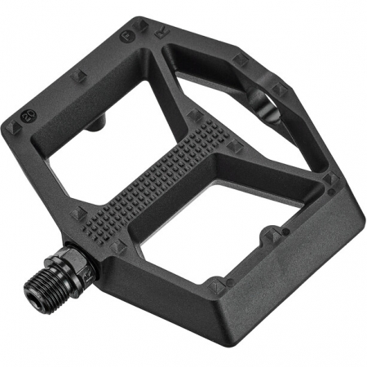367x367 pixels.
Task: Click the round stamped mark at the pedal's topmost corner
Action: click(127, 36)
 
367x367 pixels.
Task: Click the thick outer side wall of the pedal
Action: click(285, 269)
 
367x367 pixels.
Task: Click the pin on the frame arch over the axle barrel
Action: click(241, 60)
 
